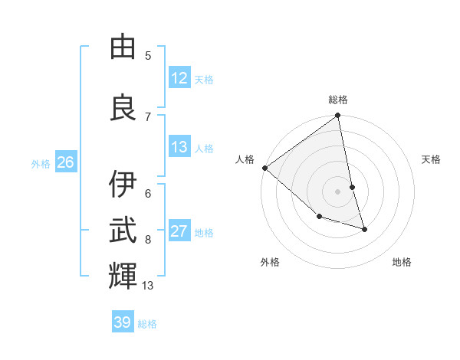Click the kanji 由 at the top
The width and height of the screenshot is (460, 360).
point(123,47)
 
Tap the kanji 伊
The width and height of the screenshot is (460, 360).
point(123,184)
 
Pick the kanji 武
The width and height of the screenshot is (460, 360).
point(123,230)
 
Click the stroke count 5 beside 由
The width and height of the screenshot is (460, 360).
point(148,55)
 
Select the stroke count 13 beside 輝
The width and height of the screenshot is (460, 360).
point(148,286)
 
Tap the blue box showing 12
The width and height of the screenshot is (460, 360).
point(179,78)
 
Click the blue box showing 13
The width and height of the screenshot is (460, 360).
point(179,148)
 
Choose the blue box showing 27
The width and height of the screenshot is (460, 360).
point(179,232)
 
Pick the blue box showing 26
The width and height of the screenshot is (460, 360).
point(66,162)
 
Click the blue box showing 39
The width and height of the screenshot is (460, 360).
point(123,322)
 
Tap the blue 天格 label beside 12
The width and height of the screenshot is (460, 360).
point(204,79)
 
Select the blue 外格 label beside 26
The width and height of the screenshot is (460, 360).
point(41,163)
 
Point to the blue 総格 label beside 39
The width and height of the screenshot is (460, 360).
point(147,324)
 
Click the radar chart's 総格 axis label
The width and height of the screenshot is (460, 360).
point(338,100)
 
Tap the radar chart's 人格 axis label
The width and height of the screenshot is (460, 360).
point(245,159)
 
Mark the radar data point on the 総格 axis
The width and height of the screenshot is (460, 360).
point(338,116)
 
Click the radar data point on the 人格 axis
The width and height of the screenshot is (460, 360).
point(264,168)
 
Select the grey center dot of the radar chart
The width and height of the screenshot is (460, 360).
point(338,191)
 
